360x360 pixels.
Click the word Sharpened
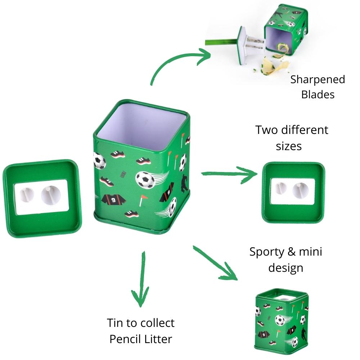point(318,80)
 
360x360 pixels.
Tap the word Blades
point(318,94)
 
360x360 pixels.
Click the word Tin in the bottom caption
point(116,323)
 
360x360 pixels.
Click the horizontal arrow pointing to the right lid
point(230,174)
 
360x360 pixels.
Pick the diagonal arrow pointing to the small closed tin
point(216,263)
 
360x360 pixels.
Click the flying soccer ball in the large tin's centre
point(145,179)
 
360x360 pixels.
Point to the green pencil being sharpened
point(220,41)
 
